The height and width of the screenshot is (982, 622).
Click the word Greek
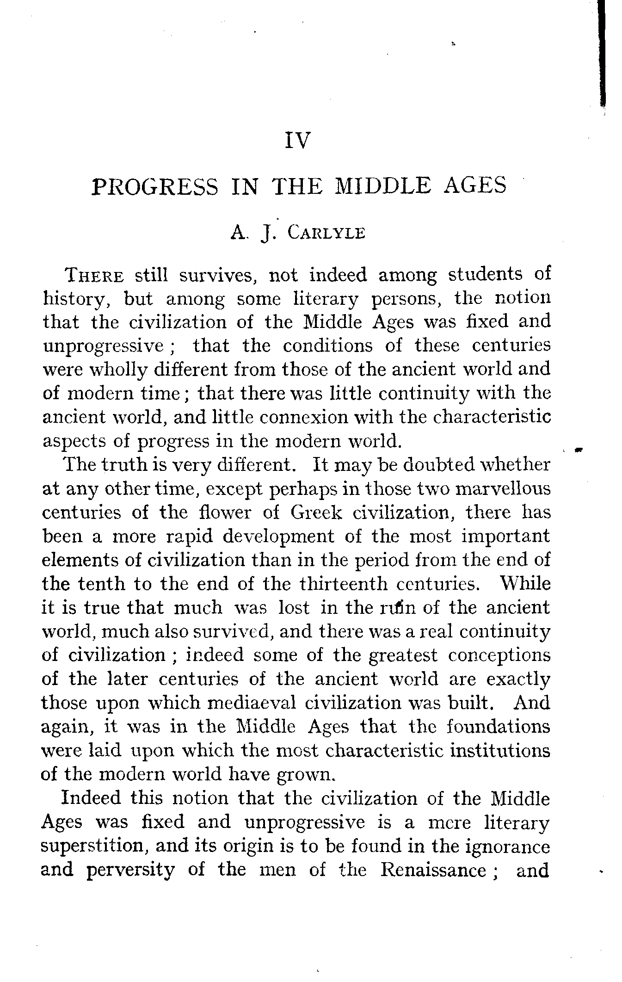[x=317, y=513]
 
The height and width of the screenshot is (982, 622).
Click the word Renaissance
[x=433, y=870]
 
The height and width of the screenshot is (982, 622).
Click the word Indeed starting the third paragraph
[x=91, y=798]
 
